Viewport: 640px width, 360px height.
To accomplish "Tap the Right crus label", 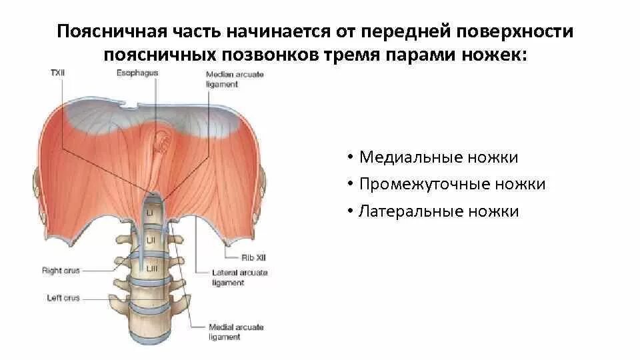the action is (x=61, y=271).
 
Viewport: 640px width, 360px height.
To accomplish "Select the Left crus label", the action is (x=62, y=298).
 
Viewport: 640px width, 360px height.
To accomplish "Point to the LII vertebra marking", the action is (x=151, y=238).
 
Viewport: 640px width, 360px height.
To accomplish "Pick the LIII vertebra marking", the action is (x=151, y=267).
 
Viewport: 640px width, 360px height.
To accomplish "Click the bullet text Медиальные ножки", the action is (x=438, y=158).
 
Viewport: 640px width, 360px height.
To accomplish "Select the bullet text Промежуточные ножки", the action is (x=452, y=185).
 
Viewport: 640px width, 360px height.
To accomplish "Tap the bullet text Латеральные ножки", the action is (x=438, y=212).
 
